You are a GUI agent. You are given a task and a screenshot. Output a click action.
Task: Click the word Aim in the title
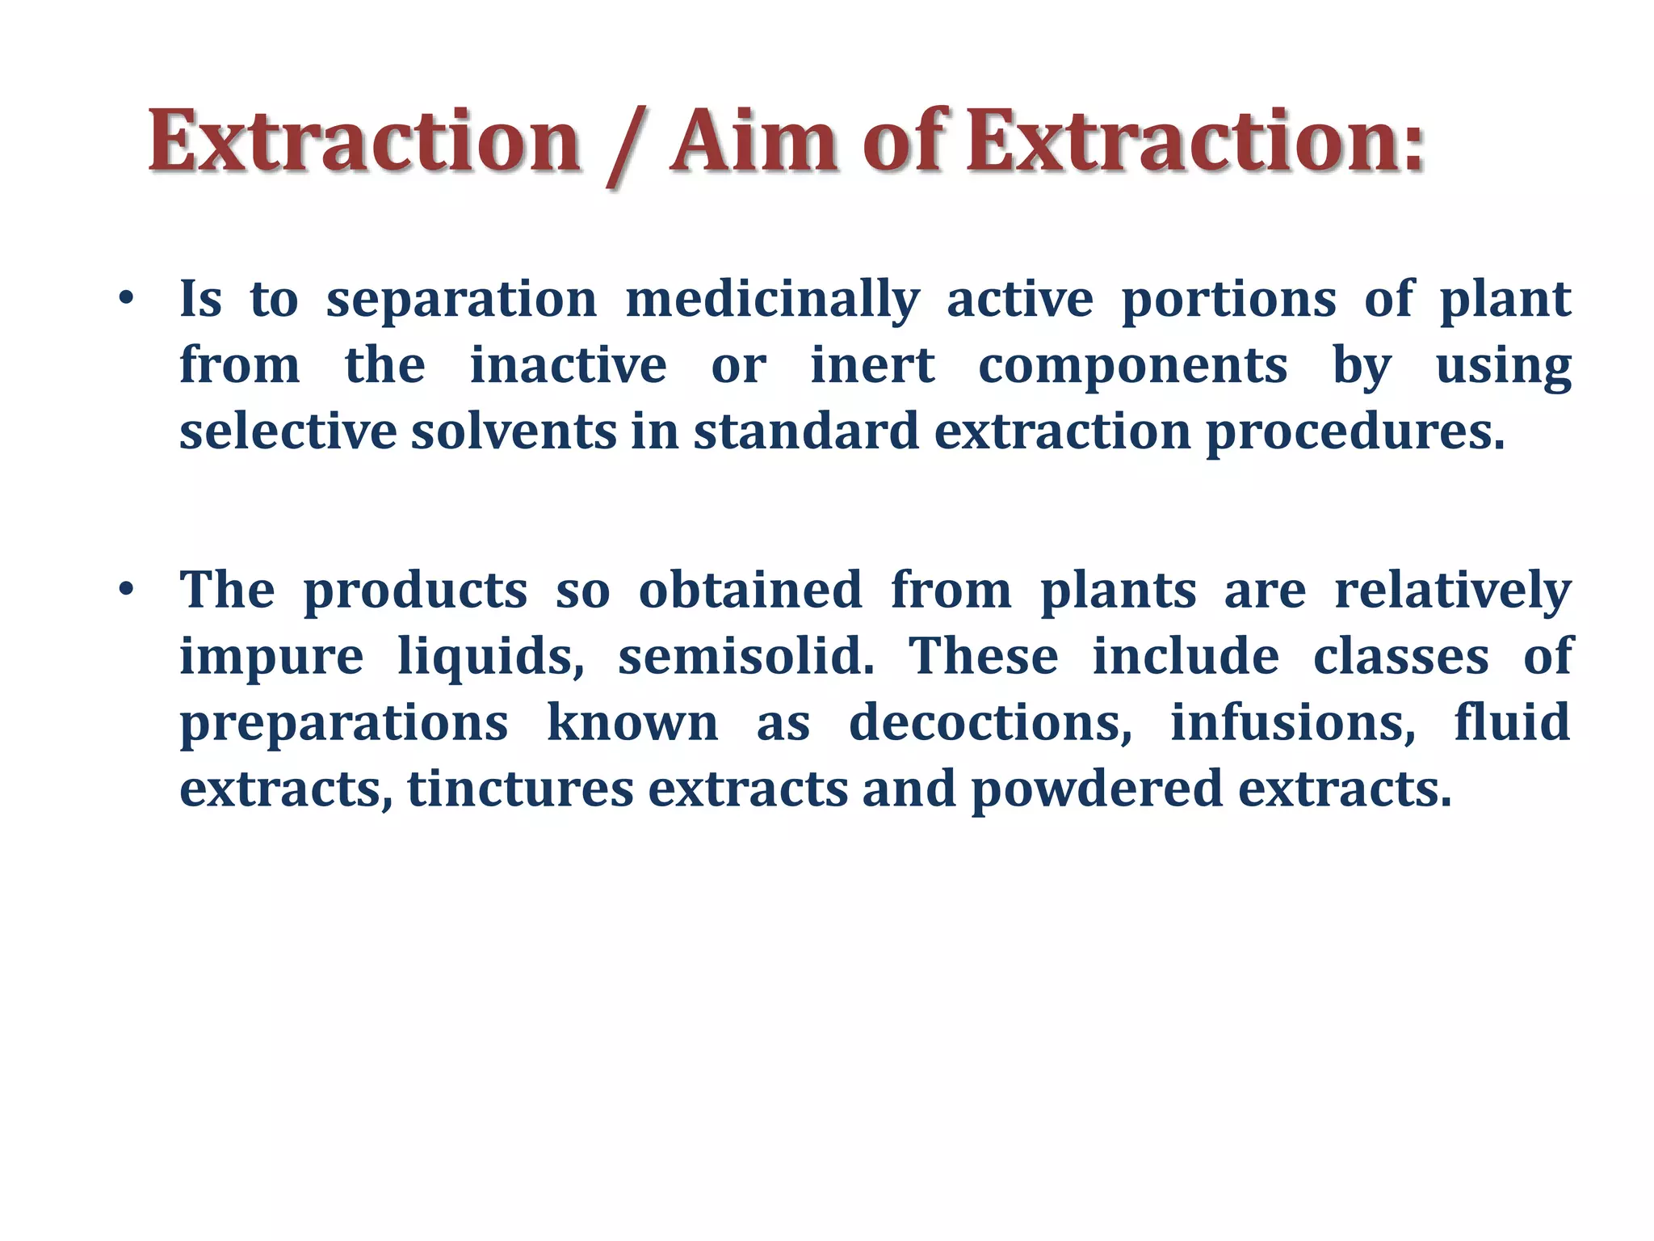coord(754,143)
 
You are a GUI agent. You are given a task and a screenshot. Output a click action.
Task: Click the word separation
coord(461,300)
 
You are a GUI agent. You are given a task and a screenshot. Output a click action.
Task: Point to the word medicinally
coord(772,301)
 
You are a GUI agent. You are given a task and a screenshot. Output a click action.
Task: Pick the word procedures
coord(1354,433)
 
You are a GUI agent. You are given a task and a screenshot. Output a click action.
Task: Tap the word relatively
coord(1452,591)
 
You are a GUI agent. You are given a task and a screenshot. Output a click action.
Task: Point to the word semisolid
coord(745,656)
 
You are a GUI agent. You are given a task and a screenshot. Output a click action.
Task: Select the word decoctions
coord(990,722)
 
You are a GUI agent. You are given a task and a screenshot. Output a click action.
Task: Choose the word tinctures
coord(520,789)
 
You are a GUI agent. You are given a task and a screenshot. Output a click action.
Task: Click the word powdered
coord(1097,789)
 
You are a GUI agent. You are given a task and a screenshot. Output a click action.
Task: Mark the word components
coord(1132,368)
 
